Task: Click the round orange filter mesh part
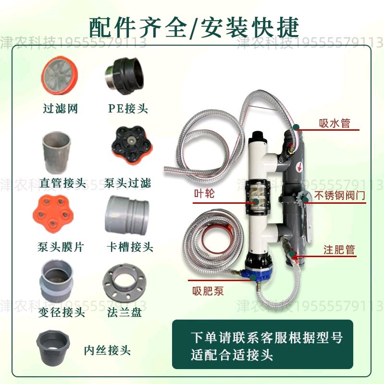point(59,75)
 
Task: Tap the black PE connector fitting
point(124,76)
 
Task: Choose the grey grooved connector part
point(127,215)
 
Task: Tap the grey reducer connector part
point(57,281)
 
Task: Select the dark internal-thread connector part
point(53,348)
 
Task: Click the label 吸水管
point(334,123)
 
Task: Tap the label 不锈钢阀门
point(340,196)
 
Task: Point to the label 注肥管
point(339,249)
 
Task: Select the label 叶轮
point(204,194)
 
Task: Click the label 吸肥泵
point(208,291)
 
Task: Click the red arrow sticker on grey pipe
point(299,167)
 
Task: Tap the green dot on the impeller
point(256,202)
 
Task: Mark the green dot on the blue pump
point(253,277)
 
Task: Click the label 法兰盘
point(124,312)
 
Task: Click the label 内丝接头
point(107,350)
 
